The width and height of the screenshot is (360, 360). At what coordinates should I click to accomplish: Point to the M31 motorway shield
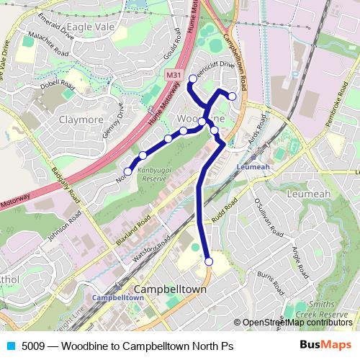tap(173, 74)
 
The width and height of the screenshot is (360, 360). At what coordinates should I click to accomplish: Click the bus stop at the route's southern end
tap(209, 262)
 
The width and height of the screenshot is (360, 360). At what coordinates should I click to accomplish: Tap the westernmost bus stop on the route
tap(128, 171)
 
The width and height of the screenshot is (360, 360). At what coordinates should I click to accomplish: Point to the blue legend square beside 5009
tap(10, 346)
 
